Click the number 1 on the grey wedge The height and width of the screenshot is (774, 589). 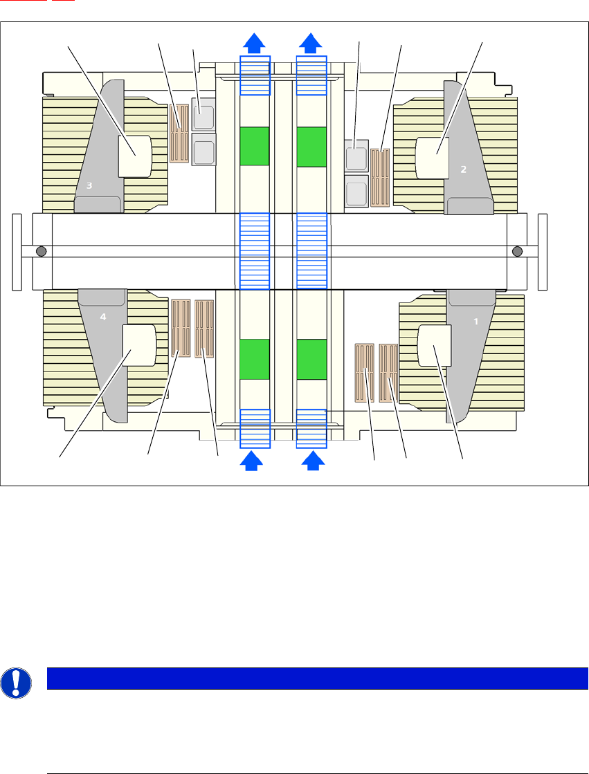point(475,322)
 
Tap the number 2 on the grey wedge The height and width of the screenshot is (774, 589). point(464,169)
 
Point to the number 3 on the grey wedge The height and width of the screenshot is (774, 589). point(89,185)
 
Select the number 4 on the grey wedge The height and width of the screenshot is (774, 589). point(103,317)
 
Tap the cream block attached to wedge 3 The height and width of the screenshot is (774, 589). point(135,156)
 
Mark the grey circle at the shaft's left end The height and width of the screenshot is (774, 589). point(41,250)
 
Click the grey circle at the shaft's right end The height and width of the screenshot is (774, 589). point(516,250)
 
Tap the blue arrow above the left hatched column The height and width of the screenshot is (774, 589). point(255,43)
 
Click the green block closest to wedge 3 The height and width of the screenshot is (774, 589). point(254,146)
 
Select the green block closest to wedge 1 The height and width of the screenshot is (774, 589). point(311,359)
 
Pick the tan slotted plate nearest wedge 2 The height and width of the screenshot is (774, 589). point(381,177)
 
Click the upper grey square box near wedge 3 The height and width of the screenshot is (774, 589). point(203,115)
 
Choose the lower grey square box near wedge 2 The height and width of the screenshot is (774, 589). point(356,190)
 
